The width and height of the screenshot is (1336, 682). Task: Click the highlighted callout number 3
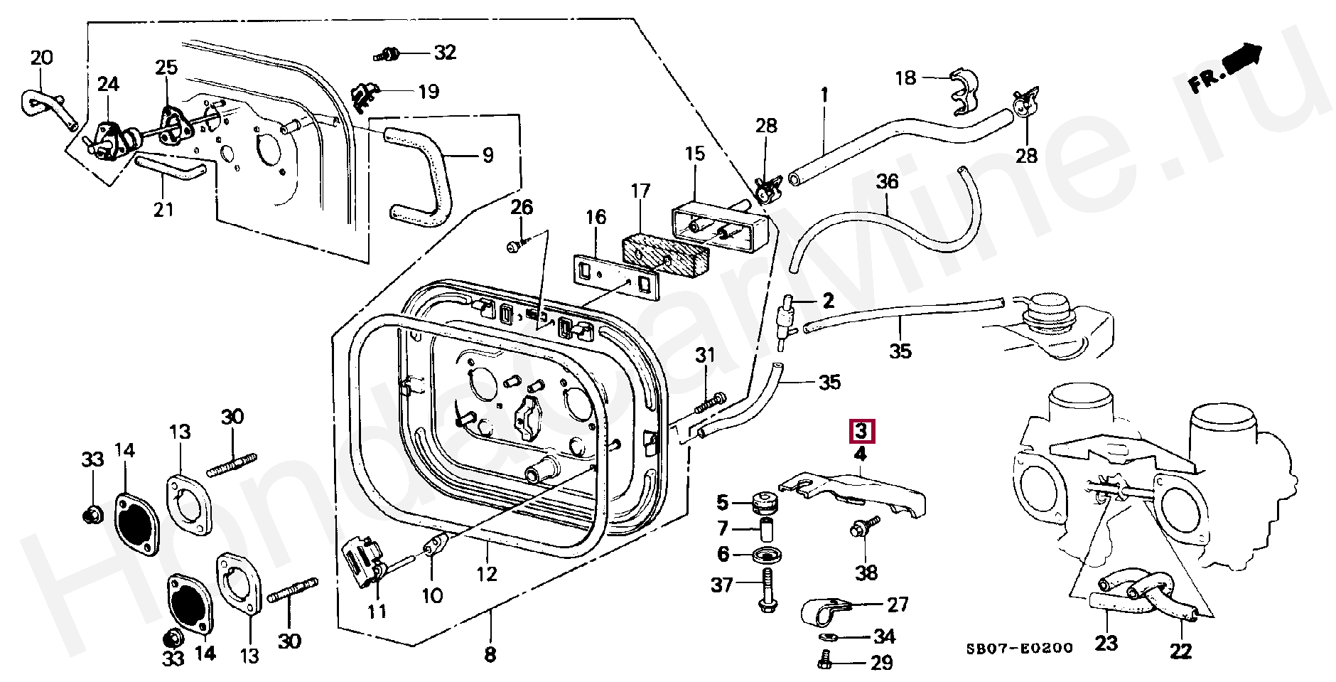point(861,431)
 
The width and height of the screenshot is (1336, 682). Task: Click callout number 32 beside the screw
point(445,53)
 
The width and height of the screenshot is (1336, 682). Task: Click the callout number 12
point(487,573)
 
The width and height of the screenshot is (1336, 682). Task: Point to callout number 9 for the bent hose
point(487,155)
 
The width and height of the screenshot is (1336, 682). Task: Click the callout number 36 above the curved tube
point(887,182)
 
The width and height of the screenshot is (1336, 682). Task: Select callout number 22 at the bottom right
point(1181,649)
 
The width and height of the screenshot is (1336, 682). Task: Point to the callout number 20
point(42,58)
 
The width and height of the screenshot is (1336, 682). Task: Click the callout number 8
point(489,654)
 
